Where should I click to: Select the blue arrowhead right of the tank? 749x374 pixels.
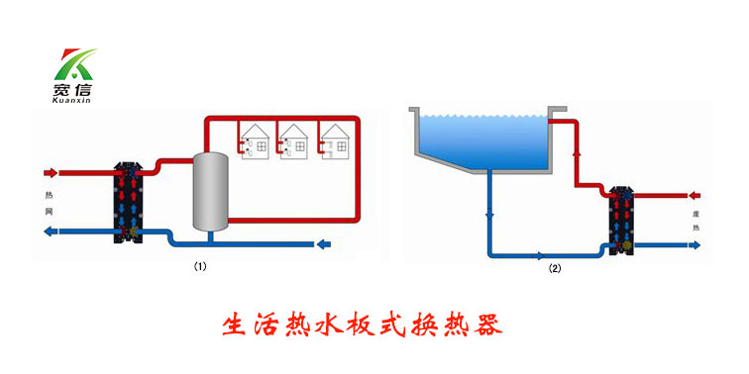pyautogui.click(x=323, y=244)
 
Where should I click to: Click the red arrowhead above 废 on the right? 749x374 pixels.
pyautogui.click(x=695, y=195)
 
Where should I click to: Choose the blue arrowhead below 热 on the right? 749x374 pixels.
pyautogui.click(x=695, y=247)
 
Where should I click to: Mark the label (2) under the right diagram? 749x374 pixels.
pyautogui.click(x=555, y=267)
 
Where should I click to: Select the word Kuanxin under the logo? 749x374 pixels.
pyautogui.click(x=71, y=102)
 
